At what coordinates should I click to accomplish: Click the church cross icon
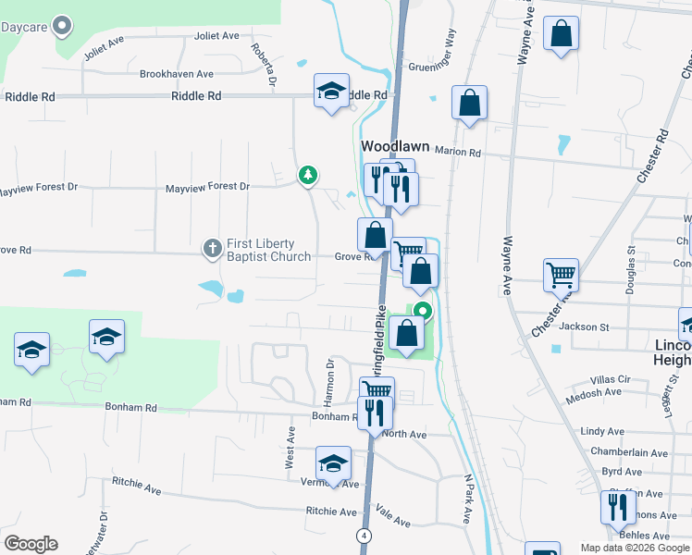[x=212, y=248]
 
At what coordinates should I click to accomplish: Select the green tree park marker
[x=308, y=175]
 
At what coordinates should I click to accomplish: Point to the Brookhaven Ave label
[x=177, y=74]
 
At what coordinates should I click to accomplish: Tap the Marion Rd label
[x=463, y=154]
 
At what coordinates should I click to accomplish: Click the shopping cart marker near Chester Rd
[x=561, y=274]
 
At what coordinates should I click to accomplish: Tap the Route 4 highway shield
[x=365, y=536]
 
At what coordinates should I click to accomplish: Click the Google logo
[x=31, y=544]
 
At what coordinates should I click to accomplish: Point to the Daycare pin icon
[x=63, y=26]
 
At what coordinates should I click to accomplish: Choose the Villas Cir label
[x=611, y=379]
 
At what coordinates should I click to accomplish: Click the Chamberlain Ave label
[x=635, y=453]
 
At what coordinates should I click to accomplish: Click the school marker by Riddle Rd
[x=331, y=91]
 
